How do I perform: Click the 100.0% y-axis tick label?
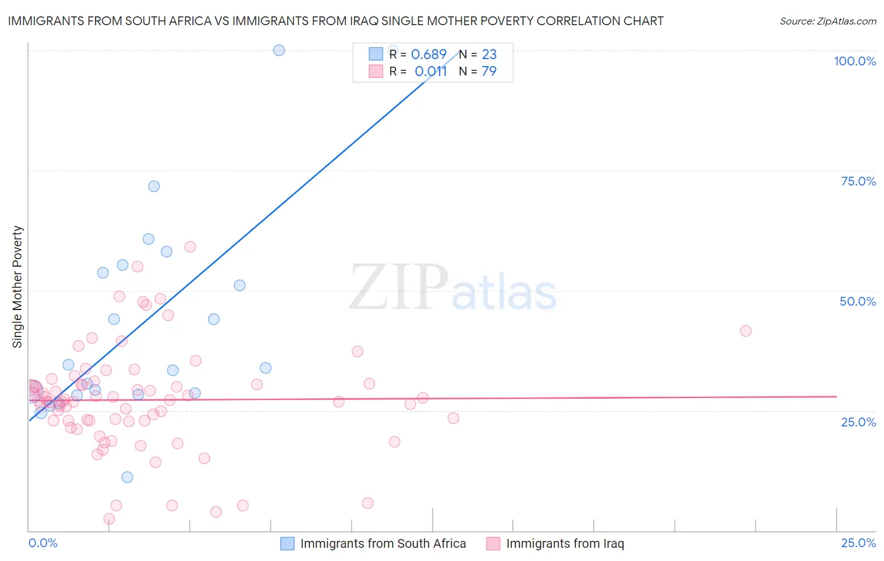[x=854, y=61]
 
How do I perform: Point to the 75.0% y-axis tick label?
[x=858, y=181]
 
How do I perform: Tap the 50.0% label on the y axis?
[x=858, y=301]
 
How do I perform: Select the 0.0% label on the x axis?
[x=43, y=543]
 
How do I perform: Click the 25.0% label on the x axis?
[x=858, y=543]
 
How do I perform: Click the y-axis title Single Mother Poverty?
[x=18, y=287]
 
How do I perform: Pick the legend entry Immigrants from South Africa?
[x=383, y=543]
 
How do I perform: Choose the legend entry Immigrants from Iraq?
[x=565, y=543]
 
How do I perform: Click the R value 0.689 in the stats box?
[x=428, y=54]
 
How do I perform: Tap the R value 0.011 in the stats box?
[x=431, y=71]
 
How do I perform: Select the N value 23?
[x=489, y=54]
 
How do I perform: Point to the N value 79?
[x=489, y=71]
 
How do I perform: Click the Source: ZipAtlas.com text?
[x=827, y=21]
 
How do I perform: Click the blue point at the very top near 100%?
[x=279, y=50]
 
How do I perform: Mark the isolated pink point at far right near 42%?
[x=746, y=331]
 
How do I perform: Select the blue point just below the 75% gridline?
[x=154, y=186]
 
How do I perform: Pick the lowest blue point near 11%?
[x=127, y=477]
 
